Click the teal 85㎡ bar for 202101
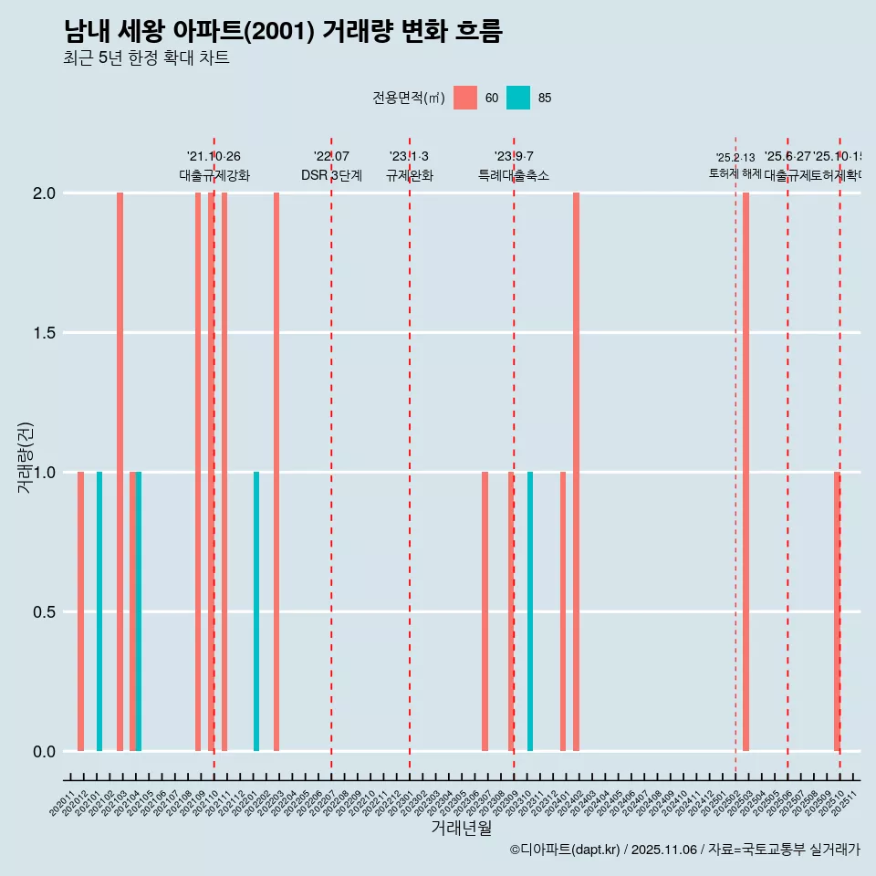tap(99, 611)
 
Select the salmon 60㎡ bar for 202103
tap(120, 472)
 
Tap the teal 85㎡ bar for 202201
tap(256, 611)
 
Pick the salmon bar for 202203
tap(276, 472)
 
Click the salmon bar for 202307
tap(485, 611)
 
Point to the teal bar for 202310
tap(530, 611)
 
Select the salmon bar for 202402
tap(576, 472)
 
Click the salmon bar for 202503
tap(746, 472)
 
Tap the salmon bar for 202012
tap(80, 611)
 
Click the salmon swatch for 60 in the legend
tap(465, 98)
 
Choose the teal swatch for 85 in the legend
tap(518, 98)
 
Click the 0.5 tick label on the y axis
tap(44, 612)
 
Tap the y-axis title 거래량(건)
tap(25, 456)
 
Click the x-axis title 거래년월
tap(461, 828)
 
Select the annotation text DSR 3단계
tap(331, 175)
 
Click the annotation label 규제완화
tap(409, 175)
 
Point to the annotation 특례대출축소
tap(514, 175)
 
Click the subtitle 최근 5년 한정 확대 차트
tap(146, 58)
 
